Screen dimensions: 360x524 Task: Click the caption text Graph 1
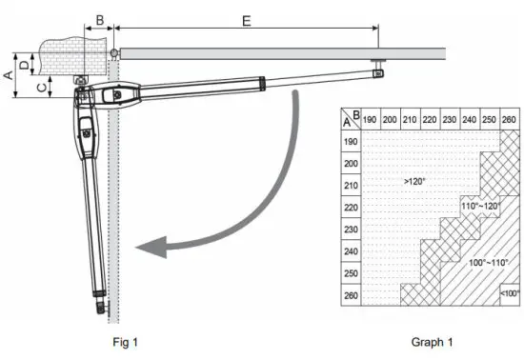coord(432,341)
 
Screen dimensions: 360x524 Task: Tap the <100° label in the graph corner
coord(510,295)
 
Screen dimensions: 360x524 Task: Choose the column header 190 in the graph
coord(372,120)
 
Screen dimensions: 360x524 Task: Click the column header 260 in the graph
coord(511,120)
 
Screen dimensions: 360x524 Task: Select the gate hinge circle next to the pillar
coord(113,52)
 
